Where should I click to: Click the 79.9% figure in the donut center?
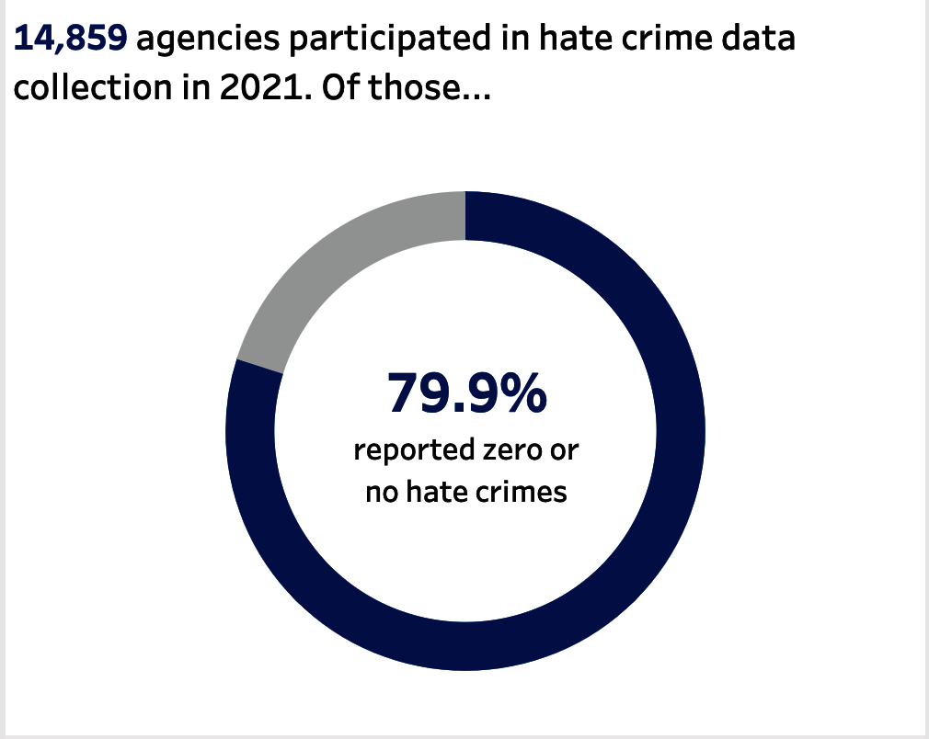click(x=466, y=393)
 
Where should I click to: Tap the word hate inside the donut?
click(x=441, y=492)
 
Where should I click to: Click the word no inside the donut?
click(x=381, y=493)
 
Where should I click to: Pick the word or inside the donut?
click(x=566, y=453)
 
